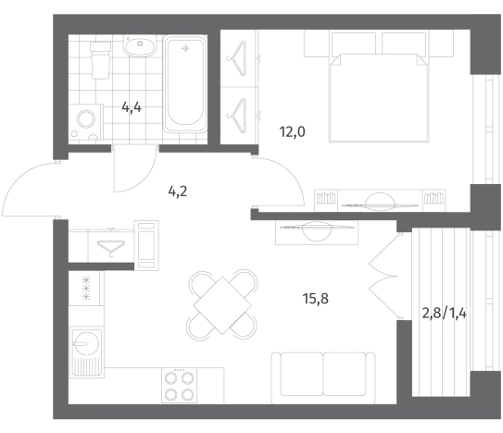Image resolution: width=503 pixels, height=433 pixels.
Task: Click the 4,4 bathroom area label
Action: click(x=132, y=107)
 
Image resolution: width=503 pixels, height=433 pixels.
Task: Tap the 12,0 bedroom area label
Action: click(x=292, y=131)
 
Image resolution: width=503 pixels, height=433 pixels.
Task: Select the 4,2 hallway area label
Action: click(x=178, y=192)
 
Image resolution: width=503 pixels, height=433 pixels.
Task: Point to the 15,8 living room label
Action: click(x=315, y=299)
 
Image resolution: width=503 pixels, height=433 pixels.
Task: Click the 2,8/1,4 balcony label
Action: click(x=444, y=314)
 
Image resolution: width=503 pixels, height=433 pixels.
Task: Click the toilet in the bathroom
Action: click(x=100, y=60)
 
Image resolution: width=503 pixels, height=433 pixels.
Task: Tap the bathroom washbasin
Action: click(x=140, y=46)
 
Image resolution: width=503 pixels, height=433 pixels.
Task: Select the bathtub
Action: click(x=185, y=83)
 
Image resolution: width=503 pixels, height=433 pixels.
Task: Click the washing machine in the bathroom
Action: click(x=86, y=122)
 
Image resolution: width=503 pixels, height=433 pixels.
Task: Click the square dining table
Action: click(x=222, y=305)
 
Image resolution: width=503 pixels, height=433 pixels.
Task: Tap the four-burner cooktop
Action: click(x=179, y=385)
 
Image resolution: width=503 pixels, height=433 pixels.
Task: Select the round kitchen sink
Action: click(x=85, y=343)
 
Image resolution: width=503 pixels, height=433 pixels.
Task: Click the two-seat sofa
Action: click(x=323, y=377)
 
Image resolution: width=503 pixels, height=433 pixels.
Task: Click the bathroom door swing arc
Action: click(x=142, y=179)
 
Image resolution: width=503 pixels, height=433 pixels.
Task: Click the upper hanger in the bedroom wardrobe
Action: click(x=237, y=58)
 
